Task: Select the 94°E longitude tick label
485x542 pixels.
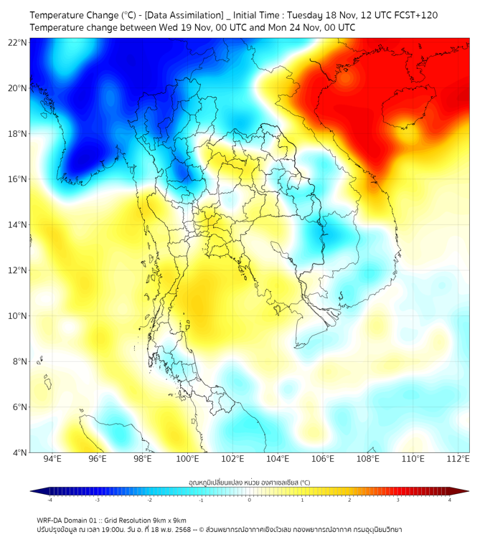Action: pos(52,459)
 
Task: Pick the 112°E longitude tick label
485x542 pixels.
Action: pos(458,459)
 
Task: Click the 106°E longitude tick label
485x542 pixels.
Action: pos(323,459)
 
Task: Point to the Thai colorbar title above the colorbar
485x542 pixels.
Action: pos(249,482)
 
